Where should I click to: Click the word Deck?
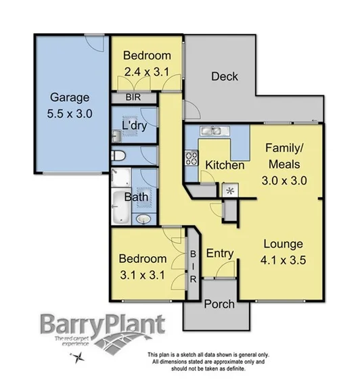[x=224, y=76]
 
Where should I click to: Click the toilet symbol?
[x=119, y=156]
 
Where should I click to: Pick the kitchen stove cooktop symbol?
[x=191, y=160]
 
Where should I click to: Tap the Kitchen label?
[x=225, y=165]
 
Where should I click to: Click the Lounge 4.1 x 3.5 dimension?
[x=283, y=258]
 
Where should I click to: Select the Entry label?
[x=220, y=254]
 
